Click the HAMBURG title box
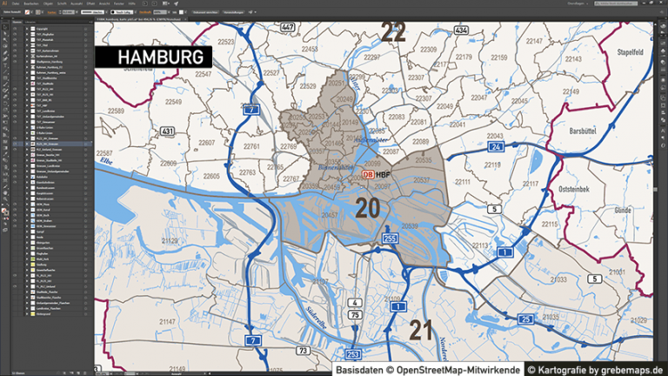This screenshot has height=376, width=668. pyautogui.click(x=154, y=57)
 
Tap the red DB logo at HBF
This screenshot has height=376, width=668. pyautogui.click(x=367, y=174)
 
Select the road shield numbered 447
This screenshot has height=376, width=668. pyautogui.click(x=288, y=28)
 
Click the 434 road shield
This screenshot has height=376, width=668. pyautogui.click(x=460, y=30)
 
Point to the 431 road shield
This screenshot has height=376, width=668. pyautogui.click(x=167, y=131)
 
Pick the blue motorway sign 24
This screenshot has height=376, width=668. pyautogui.click(x=496, y=147)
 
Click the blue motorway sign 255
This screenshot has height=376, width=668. pyautogui.click(x=391, y=238)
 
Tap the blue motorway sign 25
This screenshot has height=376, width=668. pyautogui.click(x=526, y=319)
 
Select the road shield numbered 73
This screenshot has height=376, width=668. pyautogui.click(x=302, y=351)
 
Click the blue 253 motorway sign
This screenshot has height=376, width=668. pyautogui.click(x=353, y=354)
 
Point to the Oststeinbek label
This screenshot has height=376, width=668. pyautogui.click(x=576, y=186)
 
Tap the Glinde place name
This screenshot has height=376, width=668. pyautogui.click(x=623, y=210)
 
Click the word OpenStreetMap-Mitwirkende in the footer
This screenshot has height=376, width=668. pyautogui.click(x=455, y=369)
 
